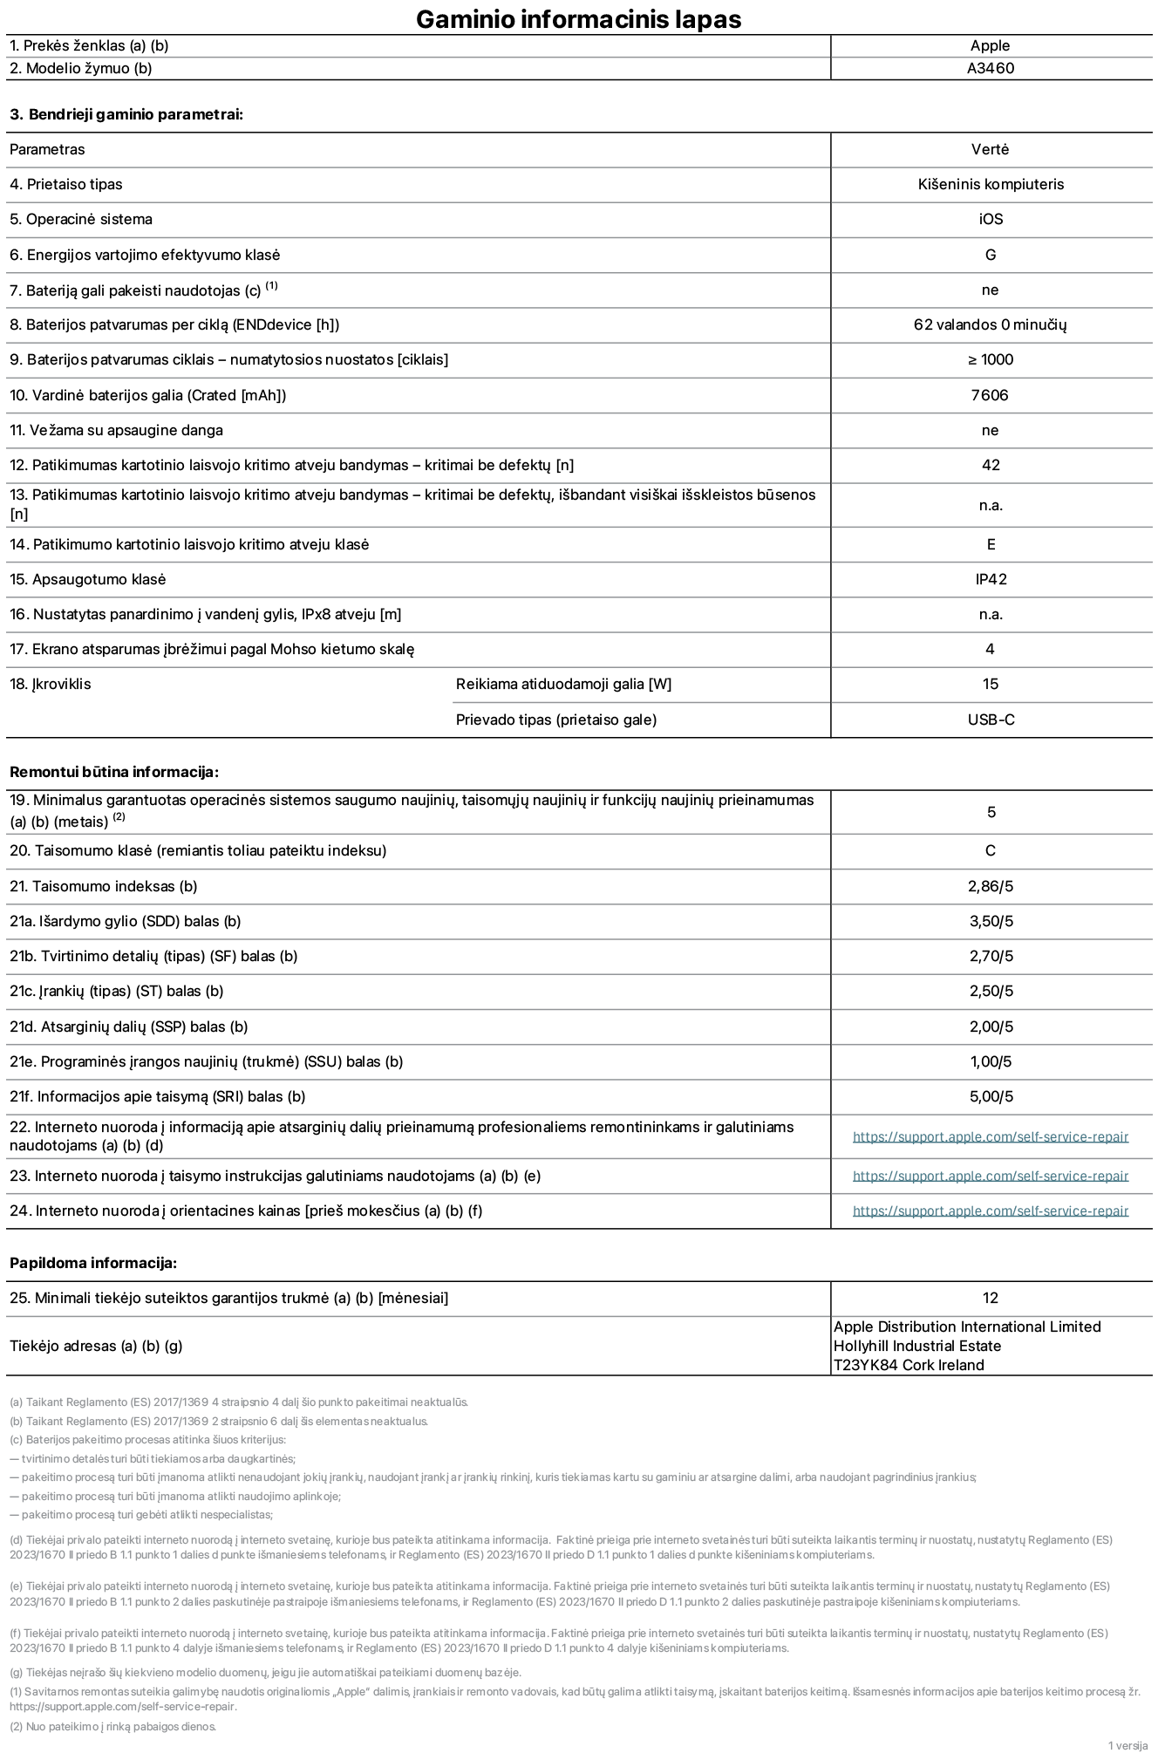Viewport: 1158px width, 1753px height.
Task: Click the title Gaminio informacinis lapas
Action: coord(578,19)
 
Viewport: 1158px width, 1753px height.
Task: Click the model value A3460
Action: coord(990,68)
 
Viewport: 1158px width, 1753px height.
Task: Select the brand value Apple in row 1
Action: coord(990,45)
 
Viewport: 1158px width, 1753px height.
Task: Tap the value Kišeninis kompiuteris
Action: coord(990,184)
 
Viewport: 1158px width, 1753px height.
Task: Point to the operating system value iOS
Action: coord(990,219)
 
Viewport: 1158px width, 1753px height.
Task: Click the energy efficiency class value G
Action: coord(990,255)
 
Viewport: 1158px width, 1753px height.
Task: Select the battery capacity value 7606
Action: coord(990,395)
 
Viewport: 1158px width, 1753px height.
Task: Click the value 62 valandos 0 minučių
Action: coord(990,324)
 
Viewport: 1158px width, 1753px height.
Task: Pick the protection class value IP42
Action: coord(990,579)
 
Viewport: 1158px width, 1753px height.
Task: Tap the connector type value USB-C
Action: coord(990,720)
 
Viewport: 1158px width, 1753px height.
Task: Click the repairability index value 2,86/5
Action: coord(990,886)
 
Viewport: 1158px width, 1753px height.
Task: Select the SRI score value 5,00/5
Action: coord(990,1096)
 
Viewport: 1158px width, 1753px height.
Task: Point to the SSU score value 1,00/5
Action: coord(990,1061)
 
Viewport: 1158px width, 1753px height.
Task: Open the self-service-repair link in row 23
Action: coord(990,1176)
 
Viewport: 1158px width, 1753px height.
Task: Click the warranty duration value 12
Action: coord(990,1298)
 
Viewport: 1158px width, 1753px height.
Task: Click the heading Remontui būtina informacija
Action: coord(113,772)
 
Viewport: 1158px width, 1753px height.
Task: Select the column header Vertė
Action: coord(990,149)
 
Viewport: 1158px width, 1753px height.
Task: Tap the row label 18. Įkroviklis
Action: coord(51,684)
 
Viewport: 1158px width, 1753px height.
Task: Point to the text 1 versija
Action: coord(1127,1745)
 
